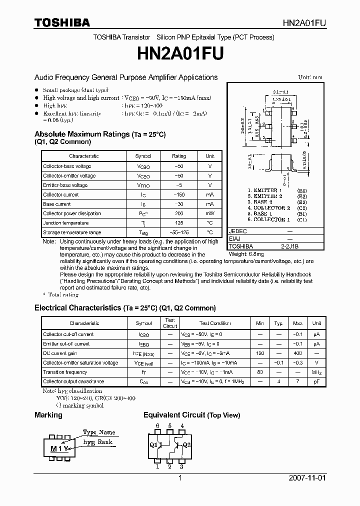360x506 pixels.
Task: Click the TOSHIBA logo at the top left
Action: tap(62, 22)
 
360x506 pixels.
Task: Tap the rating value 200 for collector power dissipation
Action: tap(179, 213)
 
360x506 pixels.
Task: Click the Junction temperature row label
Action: tap(65, 223)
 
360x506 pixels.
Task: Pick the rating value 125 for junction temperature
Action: tap(179, 223)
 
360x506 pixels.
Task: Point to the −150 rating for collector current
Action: tap(179, 194)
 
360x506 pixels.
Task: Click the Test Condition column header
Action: tap(215, 323)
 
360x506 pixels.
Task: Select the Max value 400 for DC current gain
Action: tap(297, 353)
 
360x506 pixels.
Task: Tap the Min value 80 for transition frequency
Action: tap(260, 372)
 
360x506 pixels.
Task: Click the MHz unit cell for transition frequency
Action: tap(316, 372)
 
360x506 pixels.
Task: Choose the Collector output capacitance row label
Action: tap(74, 381)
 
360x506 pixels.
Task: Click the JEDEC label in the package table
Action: tap(237, 231)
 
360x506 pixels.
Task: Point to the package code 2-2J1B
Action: tap(289, 246)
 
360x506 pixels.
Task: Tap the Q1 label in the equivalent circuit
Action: tap(153, 445)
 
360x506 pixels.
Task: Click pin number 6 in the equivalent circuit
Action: tap(157, 426)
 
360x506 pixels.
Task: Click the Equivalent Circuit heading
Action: tap(191, 415)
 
